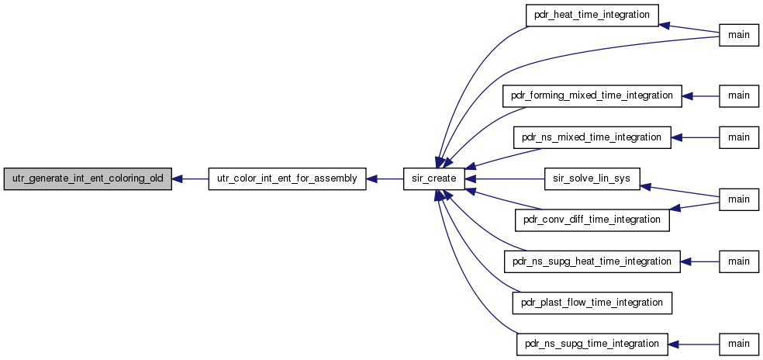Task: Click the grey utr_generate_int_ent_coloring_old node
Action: (x=88, y=178)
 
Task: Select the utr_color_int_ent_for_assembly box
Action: (x=287, y=178)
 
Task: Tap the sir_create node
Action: (x=434, y=178)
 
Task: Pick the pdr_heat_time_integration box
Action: (x=592, y=15)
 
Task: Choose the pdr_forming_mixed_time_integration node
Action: (x=592, y=96)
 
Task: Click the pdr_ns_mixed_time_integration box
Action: (x=592, y=138)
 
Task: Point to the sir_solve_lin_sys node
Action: (x=592, y=178)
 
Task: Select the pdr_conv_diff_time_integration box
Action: (x=592, y=220)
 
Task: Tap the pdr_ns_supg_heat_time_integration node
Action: (x=592, y=261)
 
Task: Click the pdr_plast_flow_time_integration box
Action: (x=592, y=303)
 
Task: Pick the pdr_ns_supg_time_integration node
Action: (x=592, y=344)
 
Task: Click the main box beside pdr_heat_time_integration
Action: (x=739, y=36)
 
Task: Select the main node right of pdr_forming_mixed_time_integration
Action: (x=739, y=96)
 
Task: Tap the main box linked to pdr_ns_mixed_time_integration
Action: (x=739, y=138)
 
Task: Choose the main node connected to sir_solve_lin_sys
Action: (x=739, y=199)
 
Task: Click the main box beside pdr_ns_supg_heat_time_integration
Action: (x=739, y=261)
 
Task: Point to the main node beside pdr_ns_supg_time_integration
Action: (x=739, y=344)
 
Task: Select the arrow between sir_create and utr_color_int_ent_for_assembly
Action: (x=385, y=178)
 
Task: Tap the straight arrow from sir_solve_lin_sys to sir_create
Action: (x=505, y=178)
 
